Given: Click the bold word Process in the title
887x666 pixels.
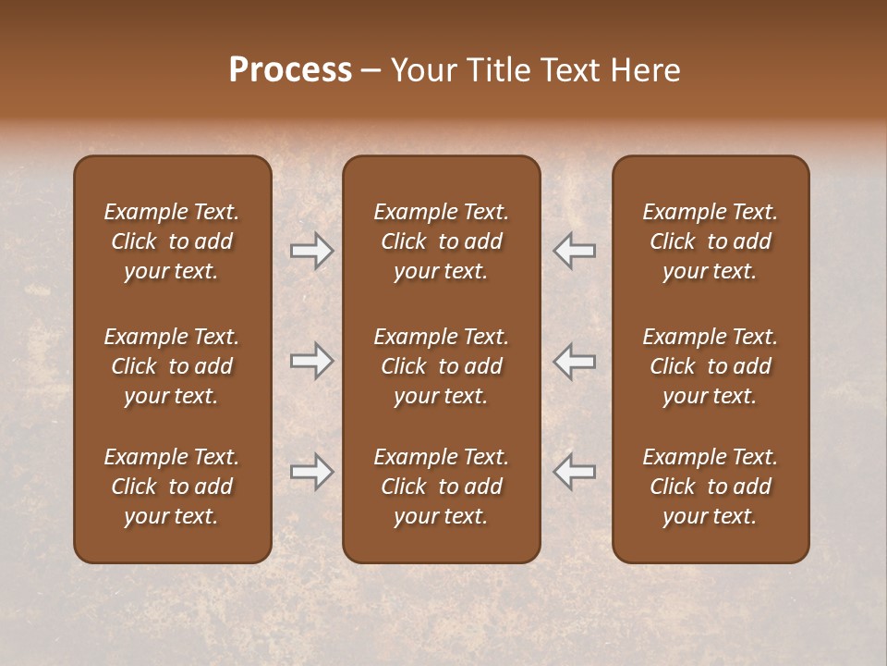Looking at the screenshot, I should pos(290,70).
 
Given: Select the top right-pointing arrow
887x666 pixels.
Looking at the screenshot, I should pos(312,251).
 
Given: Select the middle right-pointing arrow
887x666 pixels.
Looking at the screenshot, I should pos(312,361).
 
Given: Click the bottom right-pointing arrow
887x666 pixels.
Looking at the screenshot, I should pos(312,472).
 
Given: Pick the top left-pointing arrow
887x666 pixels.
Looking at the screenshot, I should pos(574,251).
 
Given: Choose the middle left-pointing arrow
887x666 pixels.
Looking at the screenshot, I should pos(574,361).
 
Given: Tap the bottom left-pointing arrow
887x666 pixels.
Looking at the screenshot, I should pos(574,472).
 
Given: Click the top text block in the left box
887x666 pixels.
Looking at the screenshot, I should pos(172,241).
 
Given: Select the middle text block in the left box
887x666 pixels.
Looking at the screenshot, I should pos(172,366).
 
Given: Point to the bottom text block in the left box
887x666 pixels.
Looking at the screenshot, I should pos(172,487).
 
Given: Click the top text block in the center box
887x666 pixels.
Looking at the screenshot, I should pos(441,241).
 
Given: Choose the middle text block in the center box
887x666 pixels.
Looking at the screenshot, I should pos(441,366).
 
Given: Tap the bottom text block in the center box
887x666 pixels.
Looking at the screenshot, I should pos(441,487).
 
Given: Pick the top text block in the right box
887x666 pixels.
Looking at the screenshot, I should pos(710,241).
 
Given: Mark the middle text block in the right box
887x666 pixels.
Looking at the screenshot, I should pos(710,366).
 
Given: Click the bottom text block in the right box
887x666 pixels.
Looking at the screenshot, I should pos(710,487).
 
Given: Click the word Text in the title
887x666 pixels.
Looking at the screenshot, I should pos(569,70).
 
